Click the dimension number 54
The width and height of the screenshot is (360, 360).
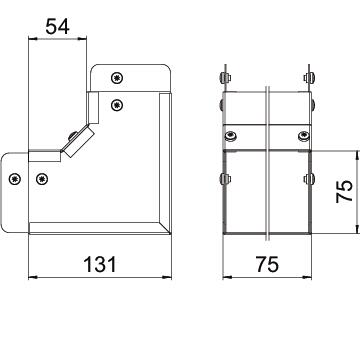57,27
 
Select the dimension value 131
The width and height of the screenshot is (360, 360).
100,264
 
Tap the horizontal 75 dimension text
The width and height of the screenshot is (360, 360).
267,264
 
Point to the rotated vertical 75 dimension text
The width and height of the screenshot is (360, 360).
345,191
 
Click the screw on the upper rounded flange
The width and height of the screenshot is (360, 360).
117,78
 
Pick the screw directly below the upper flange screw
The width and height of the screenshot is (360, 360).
117,105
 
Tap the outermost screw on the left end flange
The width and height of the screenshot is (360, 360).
15,179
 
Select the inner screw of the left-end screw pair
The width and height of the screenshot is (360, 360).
42,179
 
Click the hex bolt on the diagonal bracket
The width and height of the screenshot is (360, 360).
72,136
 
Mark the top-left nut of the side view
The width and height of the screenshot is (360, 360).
225,78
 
